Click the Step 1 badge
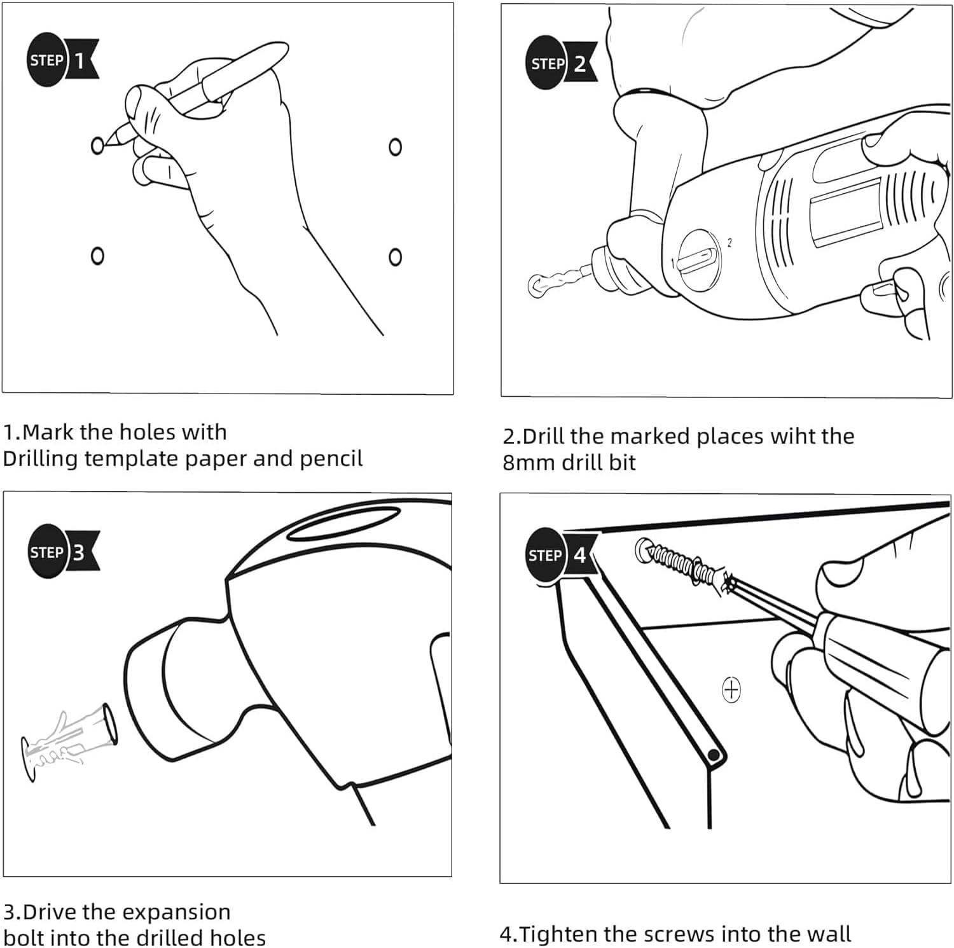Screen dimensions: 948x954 (x=62, y=60)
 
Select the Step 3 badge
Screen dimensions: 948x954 (x=62, y=551)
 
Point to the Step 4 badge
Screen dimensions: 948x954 (x=560, y=555)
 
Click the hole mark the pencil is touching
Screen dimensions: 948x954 (x=97, y=146)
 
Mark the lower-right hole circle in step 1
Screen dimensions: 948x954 (x=395, y=257)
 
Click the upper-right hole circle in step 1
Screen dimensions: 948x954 (x=395, y=147)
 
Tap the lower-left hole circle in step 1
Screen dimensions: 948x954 (x=97, y=256)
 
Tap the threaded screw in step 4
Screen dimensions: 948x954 (x=683, y=562)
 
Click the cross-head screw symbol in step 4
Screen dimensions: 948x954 (x=731, y=689)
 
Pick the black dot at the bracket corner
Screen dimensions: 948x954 (x=714, y=755)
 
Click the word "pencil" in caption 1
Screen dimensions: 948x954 (x=331, y=458)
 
